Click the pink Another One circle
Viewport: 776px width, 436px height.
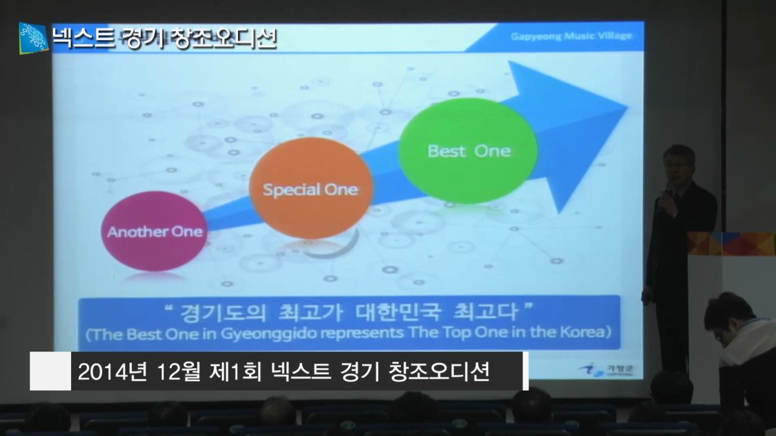pos(153,231)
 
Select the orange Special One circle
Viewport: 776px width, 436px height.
pos(311,188)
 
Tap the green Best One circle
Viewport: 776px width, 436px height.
pos(468,151)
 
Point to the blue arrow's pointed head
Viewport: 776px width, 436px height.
pos(628,108)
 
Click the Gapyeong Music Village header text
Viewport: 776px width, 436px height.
pos(571,36)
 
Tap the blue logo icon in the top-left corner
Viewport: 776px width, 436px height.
pos(33,38)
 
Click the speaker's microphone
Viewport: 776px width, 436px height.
pos(667,197)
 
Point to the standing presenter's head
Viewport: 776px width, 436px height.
pos(678,166)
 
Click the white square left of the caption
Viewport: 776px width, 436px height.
pos(50,371)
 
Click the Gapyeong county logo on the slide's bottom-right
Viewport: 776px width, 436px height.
pos(607,369)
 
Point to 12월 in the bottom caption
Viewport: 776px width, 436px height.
pos(179,371)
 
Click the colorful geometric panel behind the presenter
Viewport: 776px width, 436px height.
pos(731,244)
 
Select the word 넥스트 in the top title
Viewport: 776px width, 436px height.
pos(83,38)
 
